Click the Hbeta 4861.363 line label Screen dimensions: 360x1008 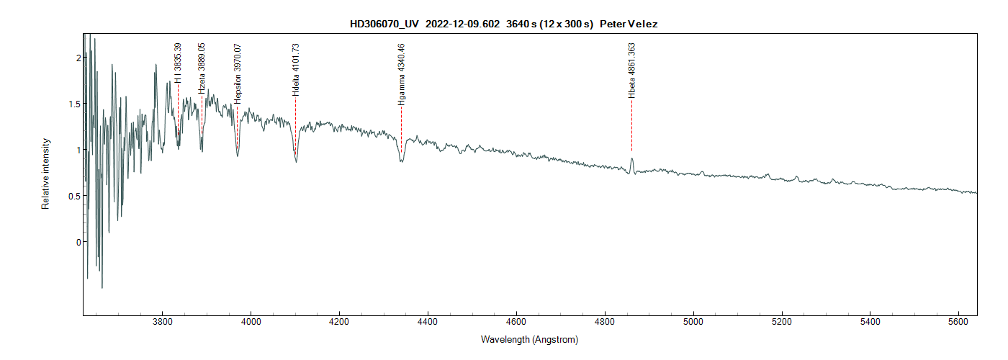[631, 70]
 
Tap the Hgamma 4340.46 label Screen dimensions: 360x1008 [401, 74]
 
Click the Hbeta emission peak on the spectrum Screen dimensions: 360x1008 [631, 159]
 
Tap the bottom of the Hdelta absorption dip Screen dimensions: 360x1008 [296, 161]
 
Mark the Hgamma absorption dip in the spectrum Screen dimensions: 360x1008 [401, 161]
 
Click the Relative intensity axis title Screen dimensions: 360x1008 [45, 174]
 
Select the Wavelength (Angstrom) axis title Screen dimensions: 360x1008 [529, 339]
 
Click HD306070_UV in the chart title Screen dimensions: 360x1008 [384, 24]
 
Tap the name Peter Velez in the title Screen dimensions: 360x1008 [628, 24]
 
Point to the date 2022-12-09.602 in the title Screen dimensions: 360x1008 [462, 24]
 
